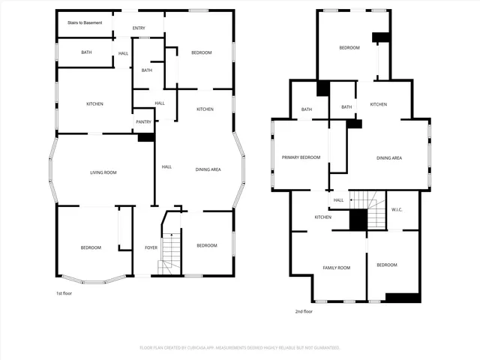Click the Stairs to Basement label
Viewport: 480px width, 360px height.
(84, 22)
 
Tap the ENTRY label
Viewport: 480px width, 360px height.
(139, 28)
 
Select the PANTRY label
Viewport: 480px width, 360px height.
(143, 121)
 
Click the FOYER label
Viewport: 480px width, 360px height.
(151, 247)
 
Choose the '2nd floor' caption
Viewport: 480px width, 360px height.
(304, 311)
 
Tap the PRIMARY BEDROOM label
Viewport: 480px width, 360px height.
(301, 157)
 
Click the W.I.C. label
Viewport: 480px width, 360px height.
(397, 209)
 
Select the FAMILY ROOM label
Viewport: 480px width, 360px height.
(336, 268)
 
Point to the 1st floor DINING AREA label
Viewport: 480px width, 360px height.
(208, 169)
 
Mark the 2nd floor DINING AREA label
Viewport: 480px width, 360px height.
(389, 158)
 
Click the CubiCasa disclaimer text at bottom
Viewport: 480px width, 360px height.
(240, 348)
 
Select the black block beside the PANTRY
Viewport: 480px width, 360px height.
(145, 137)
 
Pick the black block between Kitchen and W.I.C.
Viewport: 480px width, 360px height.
(358, 220)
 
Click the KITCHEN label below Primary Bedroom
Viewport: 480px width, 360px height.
(322, 217)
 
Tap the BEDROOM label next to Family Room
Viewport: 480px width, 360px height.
(386, 265)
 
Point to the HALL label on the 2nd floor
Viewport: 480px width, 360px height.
(338, 200)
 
